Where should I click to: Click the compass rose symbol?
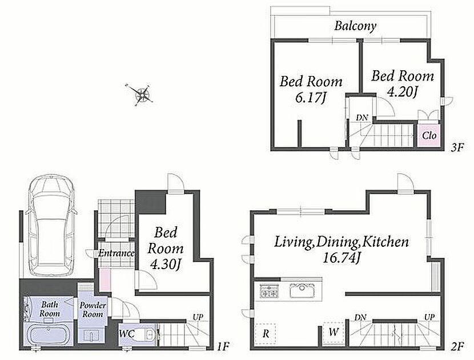140,94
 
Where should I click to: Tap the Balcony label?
355,26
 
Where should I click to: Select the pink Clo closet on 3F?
429,135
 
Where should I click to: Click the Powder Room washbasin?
91,335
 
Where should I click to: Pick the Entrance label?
117,253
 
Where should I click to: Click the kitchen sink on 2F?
302,290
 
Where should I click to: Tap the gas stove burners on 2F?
269,290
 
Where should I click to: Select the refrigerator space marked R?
266,334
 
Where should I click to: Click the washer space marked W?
334,332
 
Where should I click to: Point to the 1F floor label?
223,346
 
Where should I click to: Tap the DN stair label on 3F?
361,118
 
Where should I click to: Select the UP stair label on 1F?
198,317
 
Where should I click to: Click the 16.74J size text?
342,258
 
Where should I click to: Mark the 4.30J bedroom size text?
166,265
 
